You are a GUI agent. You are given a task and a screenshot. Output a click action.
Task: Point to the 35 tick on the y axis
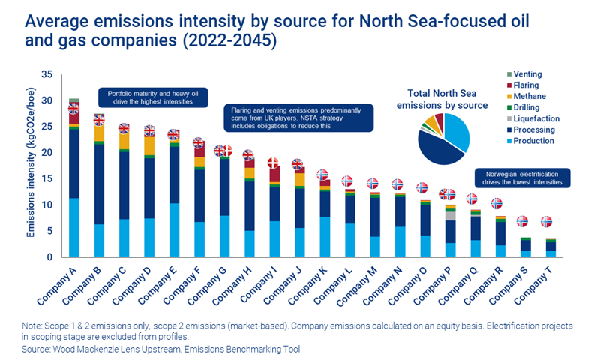click(46, 74)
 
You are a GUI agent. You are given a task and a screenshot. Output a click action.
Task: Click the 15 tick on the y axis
click(46, 179)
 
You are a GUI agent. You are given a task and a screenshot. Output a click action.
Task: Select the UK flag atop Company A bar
click(73, 109)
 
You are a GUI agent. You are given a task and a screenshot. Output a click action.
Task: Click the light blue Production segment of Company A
click(73, 227)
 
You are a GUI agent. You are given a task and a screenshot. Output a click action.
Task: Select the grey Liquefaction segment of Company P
click(450, 215)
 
